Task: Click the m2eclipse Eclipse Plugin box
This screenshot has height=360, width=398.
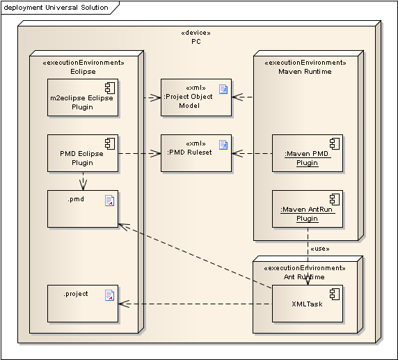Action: coord(83,97)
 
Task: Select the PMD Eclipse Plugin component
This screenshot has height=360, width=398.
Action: coord(83,153)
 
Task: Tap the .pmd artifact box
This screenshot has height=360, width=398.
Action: coord(83,209)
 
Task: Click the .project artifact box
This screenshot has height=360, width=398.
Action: coord(83,304)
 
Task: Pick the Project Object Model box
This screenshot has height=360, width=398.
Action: coord(196,97)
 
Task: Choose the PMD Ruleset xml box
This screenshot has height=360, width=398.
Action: coord(196,153)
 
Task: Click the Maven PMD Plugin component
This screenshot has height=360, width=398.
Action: coord(308,153)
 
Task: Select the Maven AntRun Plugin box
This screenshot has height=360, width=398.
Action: coord(308,209)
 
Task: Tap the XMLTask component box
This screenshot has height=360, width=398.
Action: coord(308,304)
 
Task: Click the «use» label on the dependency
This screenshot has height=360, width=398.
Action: coord(320,249)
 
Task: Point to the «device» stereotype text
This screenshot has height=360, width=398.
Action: coord(196,33)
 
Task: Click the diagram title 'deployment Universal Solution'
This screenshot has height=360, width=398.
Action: coord(56,8)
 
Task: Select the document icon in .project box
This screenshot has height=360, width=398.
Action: coord(110,295)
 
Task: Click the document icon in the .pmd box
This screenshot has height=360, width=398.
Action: coord(110,201)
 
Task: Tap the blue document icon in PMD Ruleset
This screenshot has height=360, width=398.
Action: coord(223,145)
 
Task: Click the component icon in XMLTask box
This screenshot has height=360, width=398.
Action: coord(335,295)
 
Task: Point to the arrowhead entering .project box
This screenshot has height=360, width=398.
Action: coord(124,304)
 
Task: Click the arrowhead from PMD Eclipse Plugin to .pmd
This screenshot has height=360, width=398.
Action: coord(83,185)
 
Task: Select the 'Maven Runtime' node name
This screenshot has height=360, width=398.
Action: coord(305,72)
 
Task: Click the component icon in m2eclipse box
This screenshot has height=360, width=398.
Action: coord(110,88)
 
